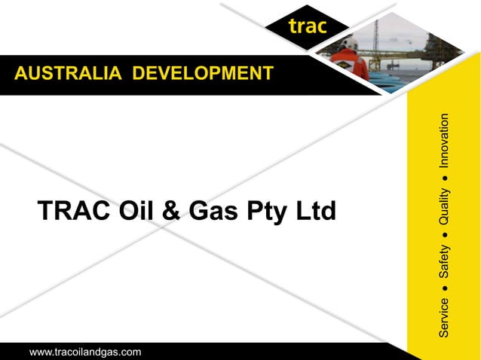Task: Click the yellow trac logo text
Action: point(307,27)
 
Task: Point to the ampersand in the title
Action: point(171,212)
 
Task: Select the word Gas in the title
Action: point(212,212)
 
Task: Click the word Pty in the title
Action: point(264,213)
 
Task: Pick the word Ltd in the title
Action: point(313,212)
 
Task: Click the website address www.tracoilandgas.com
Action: point(85,352)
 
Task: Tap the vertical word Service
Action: point(444,316)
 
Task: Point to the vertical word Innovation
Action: point(444,141)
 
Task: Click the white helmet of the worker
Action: point(349,42)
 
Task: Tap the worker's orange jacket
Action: point(352,64)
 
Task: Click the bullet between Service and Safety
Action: point(445,288)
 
